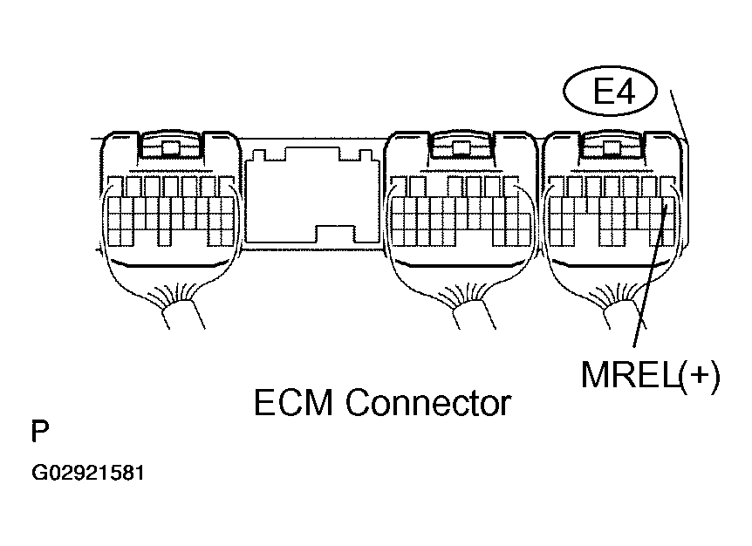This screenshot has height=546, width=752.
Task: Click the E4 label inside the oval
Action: [x=614, y=93]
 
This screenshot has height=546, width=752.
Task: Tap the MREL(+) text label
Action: [x=651, y=376]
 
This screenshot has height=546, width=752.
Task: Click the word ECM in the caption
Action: [x=295, y=403]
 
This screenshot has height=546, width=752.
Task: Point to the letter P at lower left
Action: [x=39, y=433]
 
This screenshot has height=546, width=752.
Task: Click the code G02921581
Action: [x=88, y=474]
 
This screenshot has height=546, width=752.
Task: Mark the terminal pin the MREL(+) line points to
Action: [x=667, y=209]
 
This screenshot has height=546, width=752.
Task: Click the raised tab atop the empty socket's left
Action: [x=256, y=156]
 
